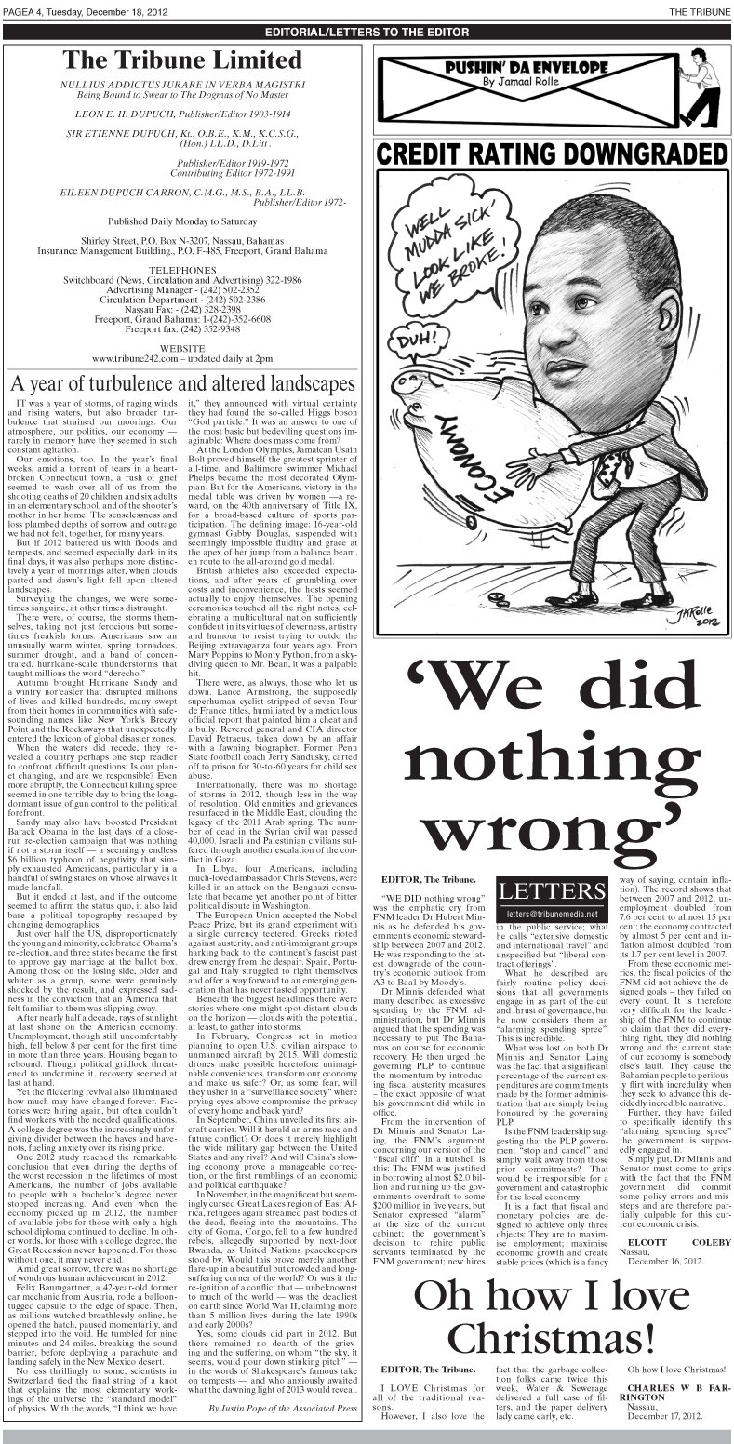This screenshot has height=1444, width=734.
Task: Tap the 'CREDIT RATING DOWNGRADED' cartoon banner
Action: [553, 153]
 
